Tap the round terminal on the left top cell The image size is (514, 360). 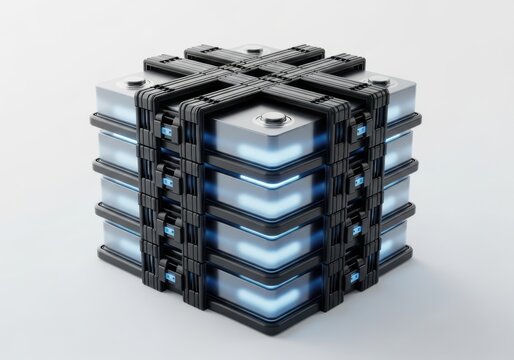coord(135,82)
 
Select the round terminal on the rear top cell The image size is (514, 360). coord(254,49)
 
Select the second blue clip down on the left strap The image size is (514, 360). coord(167,183)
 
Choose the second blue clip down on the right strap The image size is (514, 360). coord(357,181)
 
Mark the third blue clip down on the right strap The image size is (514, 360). coord(356,227)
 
